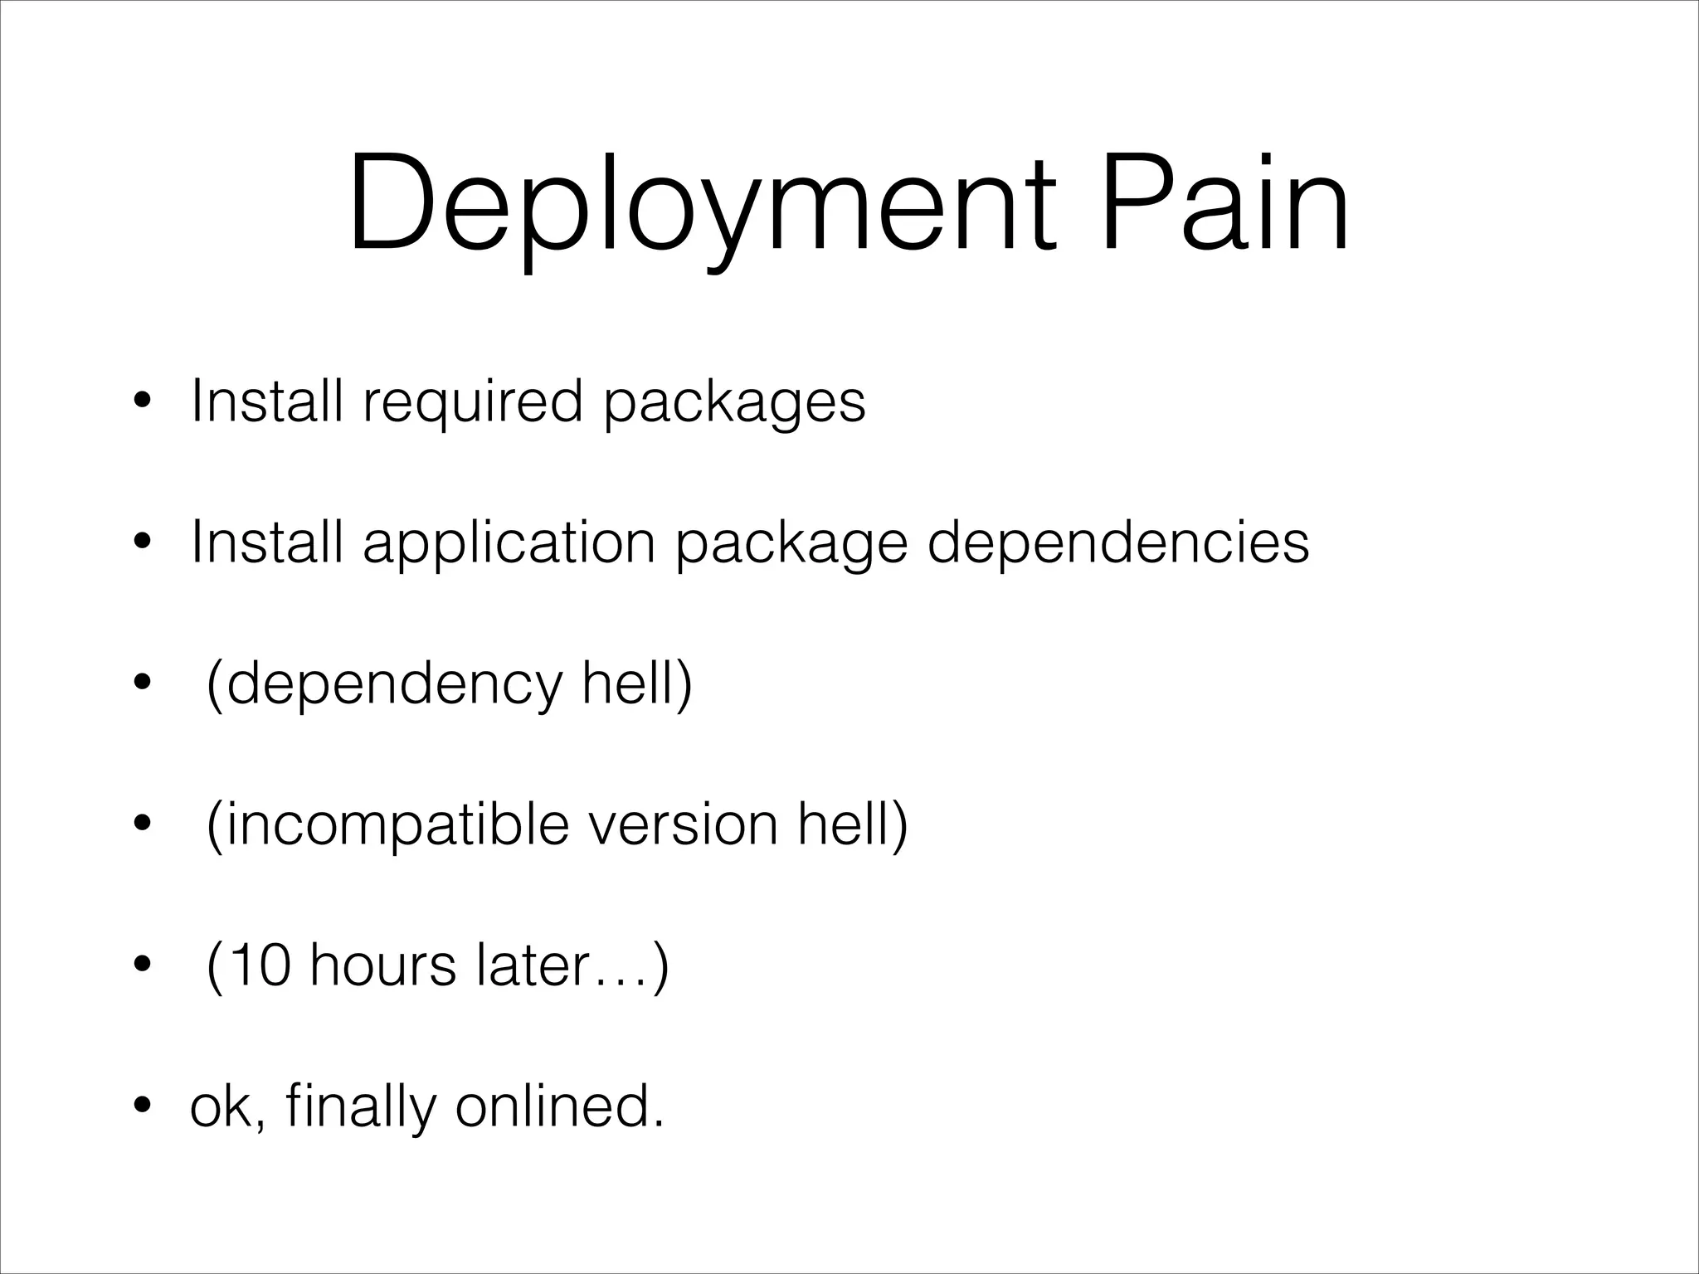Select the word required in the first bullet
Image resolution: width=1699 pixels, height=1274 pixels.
[473, 403]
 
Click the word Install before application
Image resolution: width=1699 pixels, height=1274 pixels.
[266, 542]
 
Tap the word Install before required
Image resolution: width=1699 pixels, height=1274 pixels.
[266, 401]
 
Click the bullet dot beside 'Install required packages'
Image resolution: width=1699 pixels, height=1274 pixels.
[142, 405]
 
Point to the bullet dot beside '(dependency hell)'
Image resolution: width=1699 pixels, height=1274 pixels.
[142, 685]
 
